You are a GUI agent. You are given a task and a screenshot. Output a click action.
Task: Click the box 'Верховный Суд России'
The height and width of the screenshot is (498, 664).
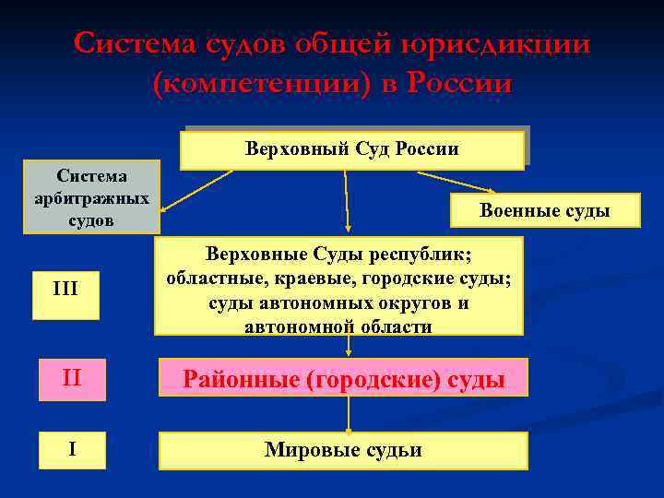351,148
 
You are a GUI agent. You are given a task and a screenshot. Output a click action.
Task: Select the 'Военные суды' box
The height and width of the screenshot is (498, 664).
544,210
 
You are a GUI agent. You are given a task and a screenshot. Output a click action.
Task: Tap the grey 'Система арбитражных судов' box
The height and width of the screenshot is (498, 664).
91,196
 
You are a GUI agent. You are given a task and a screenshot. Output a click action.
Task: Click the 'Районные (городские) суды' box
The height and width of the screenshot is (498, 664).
343,378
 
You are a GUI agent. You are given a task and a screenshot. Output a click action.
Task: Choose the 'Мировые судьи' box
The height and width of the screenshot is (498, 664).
343,450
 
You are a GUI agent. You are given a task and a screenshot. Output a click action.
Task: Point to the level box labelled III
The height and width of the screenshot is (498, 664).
65,290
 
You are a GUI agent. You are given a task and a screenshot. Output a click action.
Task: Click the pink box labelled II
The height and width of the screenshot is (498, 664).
72,377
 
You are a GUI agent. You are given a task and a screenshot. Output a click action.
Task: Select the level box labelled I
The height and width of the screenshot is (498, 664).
72,450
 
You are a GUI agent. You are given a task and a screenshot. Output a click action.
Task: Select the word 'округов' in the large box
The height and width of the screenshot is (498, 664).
411,302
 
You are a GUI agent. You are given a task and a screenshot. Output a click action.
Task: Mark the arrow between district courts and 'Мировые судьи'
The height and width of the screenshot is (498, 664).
349,415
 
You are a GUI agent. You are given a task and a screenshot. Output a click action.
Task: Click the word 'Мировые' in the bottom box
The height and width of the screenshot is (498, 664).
303,450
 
